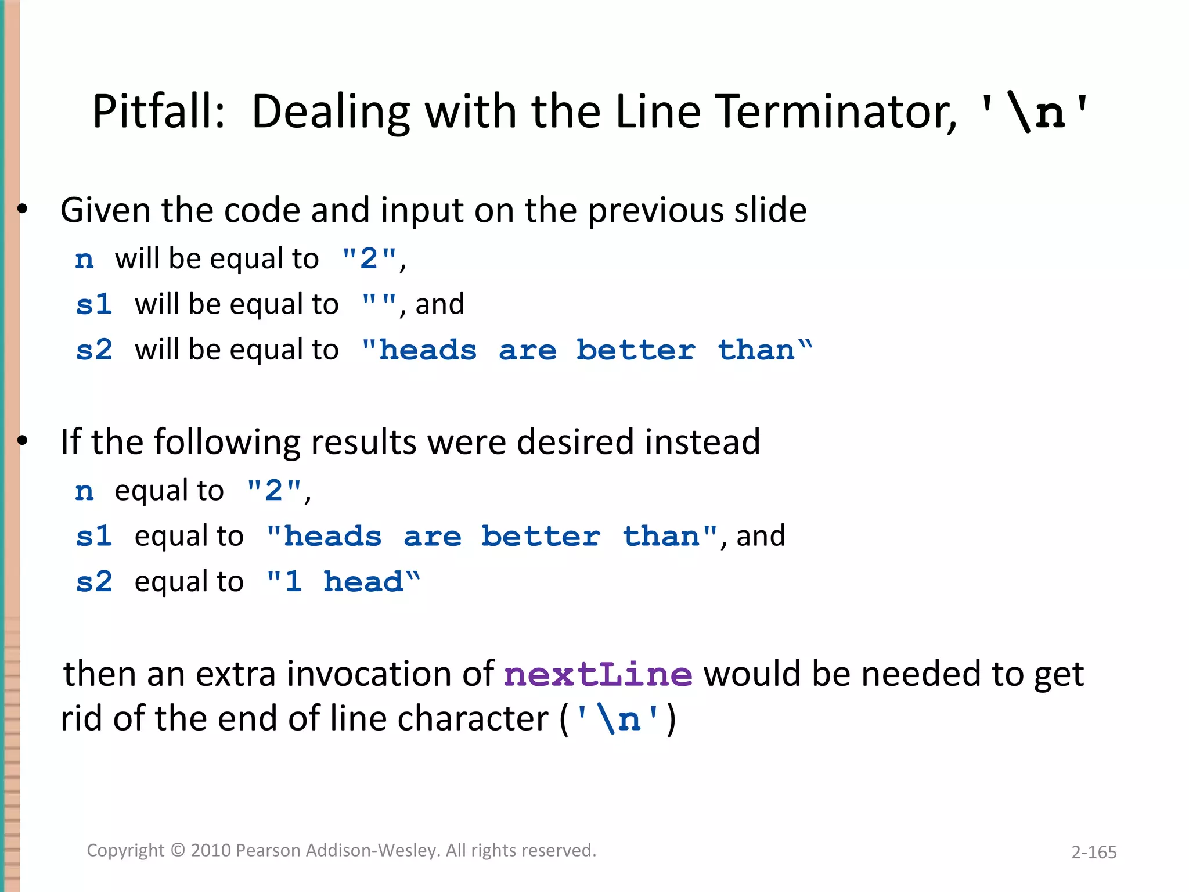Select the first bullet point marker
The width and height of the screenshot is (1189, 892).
point(23,210)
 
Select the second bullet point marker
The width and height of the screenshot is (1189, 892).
point(23,442)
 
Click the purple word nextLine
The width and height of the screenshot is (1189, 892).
point(598,675)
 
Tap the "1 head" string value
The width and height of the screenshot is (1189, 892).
point(343,582)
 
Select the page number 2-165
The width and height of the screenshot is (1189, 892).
point(1094,852)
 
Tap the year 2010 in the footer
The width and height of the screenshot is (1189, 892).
point(211,851)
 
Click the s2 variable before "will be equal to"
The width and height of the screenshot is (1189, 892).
point(93,350)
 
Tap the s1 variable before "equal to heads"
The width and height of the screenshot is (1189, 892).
point(93,536)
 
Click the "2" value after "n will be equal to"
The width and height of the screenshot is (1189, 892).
point(369,258)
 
